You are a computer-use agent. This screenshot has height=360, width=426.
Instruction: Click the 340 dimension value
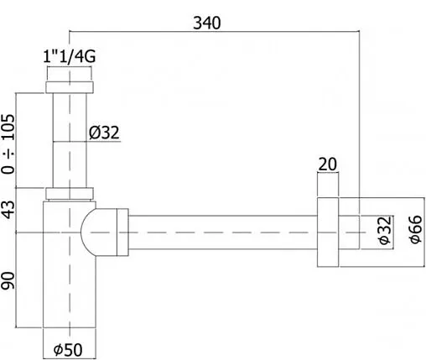pos(204,23)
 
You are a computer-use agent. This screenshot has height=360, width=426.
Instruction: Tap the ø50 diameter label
pos(71,347)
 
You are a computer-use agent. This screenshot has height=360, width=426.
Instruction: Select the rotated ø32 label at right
pos(383,229)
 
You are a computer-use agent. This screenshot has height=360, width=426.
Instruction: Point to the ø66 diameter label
pos(412,229)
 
